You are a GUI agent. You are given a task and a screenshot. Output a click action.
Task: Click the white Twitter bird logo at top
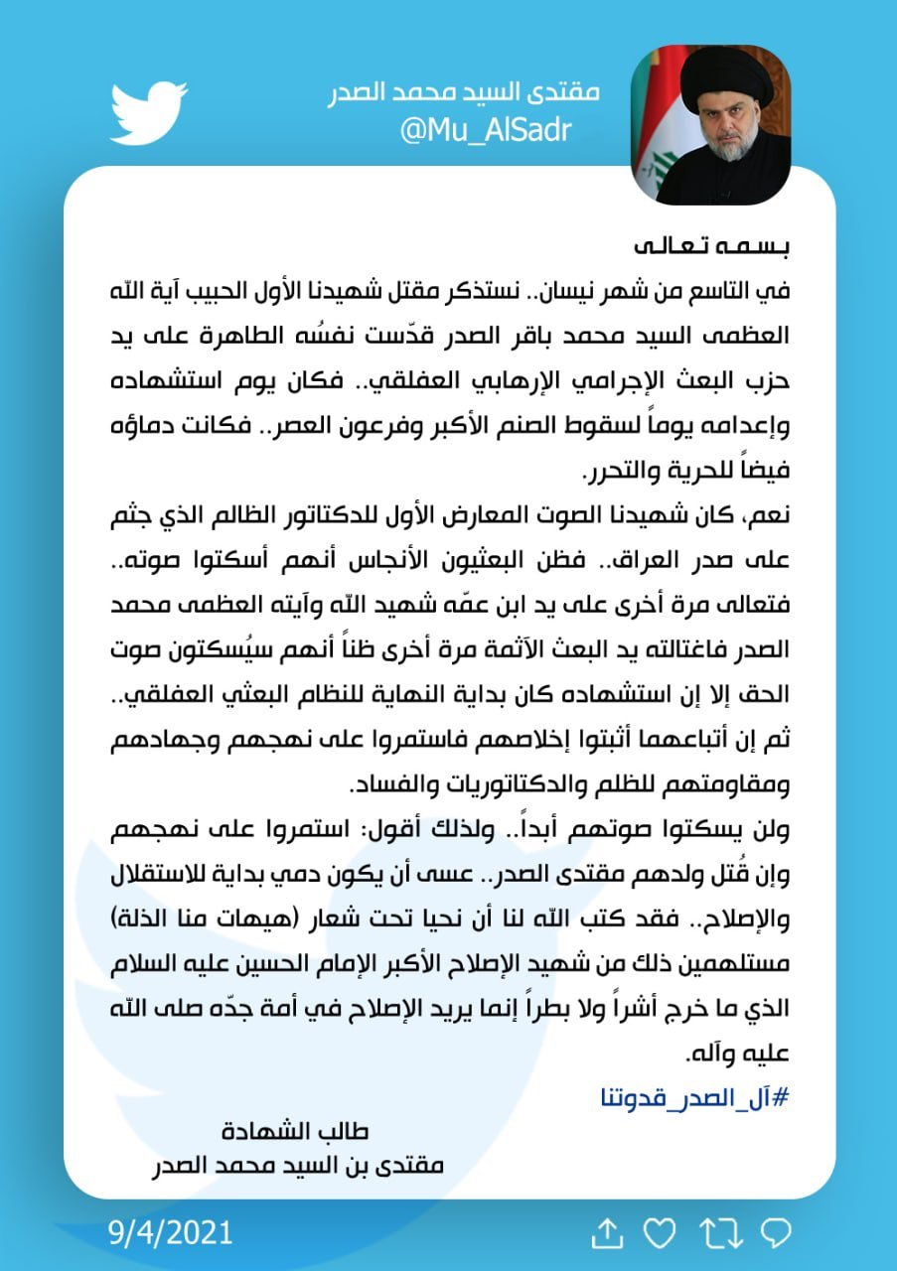[x=149, y=112]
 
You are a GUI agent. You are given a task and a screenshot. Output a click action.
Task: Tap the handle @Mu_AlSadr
[x=486, y=129]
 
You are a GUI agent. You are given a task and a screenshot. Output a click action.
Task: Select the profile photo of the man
[x=711, y=124]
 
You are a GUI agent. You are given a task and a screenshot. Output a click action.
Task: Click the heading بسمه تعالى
[x=720, y=244]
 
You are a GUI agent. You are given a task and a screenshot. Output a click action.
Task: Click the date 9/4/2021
[x=171, y=1233]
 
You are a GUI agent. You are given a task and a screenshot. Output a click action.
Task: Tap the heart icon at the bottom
[x=660, y=1233]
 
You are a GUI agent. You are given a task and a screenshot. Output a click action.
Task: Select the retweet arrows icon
[x=721, y=1233]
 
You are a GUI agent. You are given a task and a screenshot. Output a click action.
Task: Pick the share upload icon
[x=606, y=1233]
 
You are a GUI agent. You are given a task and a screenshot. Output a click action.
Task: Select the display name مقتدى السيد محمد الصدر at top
[x=465, y=93]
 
